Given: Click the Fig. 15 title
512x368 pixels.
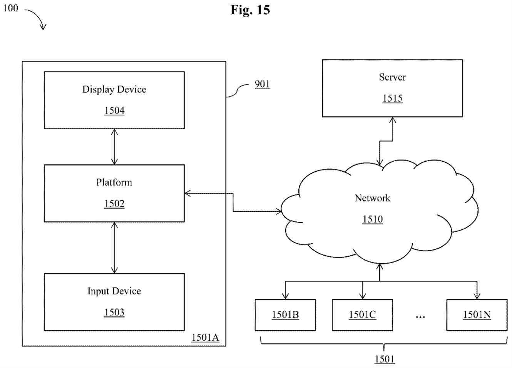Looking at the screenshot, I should pos(250,10).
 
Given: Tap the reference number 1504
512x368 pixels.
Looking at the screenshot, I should pos(114,110).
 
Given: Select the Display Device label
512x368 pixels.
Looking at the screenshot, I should pos(114,89).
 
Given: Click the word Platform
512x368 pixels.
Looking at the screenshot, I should pos(114,182).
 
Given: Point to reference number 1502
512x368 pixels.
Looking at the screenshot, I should pos(114,204).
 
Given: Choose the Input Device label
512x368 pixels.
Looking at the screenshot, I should pos(114,291).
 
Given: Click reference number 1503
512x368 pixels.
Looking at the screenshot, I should pos(114,312).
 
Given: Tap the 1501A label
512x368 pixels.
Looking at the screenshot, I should pos(205,338).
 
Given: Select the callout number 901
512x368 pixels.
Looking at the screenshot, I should pos(262,84).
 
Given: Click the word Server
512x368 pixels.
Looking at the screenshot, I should pos(392,77).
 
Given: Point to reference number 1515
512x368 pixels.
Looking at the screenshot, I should pos(392,99).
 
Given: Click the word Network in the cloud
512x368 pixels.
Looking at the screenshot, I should pos(372,198).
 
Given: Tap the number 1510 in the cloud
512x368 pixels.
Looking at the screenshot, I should pos(372,219).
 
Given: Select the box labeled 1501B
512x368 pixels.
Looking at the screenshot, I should pos(285,315).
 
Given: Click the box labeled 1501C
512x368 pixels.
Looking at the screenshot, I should pos(362,315).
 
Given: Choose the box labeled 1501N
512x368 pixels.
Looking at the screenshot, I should pos(477,315).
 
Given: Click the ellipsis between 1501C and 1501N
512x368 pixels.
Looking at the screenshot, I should pos(420,317).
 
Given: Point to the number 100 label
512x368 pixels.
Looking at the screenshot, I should pos(11,8).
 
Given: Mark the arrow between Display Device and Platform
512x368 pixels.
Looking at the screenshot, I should pos(114,147).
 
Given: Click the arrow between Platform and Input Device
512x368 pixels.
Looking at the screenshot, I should pos(114,248).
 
